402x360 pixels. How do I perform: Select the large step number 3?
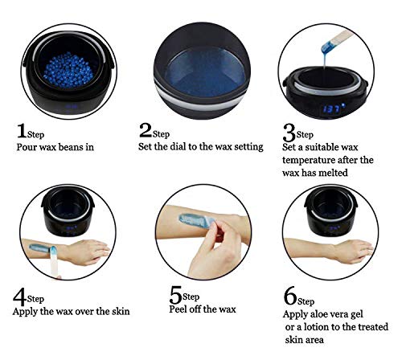coord(289,132)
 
